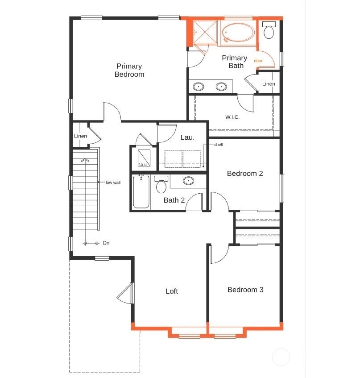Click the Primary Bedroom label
129,71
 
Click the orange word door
258,60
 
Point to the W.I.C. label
232,117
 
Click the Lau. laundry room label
187,137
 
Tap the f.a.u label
143,165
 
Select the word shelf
218,145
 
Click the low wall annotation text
113,182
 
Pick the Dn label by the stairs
106,243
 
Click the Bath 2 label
174,200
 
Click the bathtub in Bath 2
141,192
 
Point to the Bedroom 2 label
245,174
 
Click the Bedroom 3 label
245,290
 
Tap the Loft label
172,291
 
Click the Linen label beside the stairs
81,136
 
